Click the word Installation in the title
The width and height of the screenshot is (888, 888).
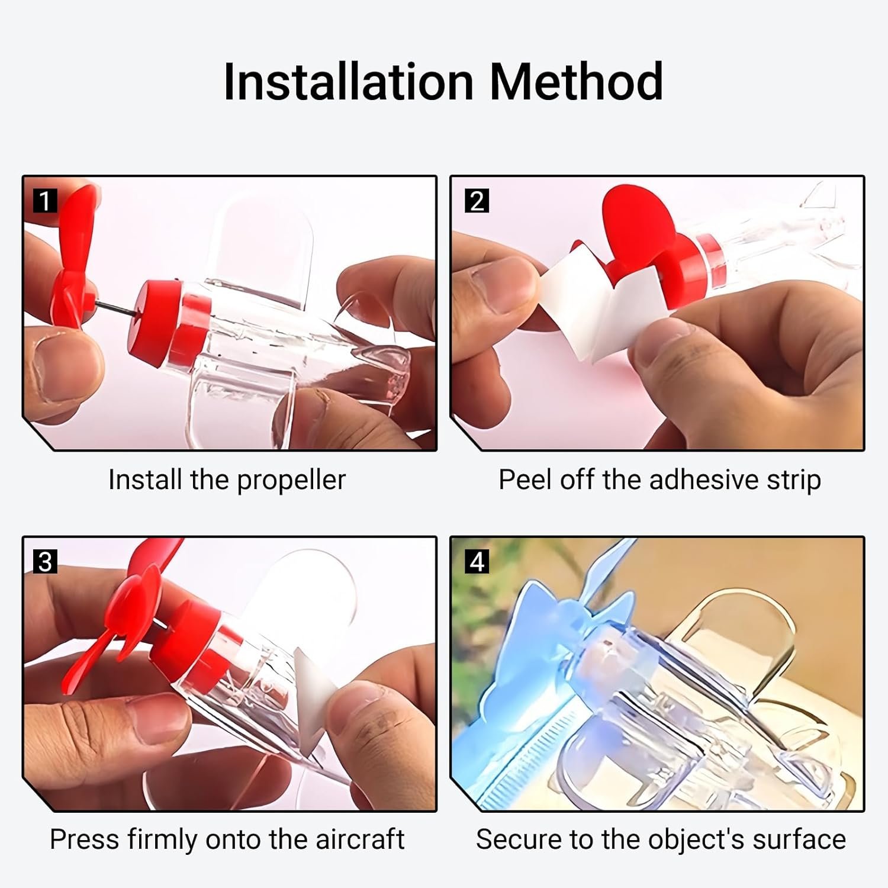pyautogui.click(x=348, y=82)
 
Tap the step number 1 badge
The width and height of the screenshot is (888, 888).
pyautogui.click(x=45, y=201)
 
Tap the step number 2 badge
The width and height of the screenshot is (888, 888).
pyautogui.click(x=477, y=201)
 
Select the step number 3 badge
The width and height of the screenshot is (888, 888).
pyautogui.click(x=45, y=561)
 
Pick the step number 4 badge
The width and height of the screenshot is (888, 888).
pyautogui.click(x=477, y=561)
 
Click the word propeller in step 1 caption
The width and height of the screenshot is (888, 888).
pyautogui.click(x=291, y=481)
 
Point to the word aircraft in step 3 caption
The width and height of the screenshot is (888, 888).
pyautogui.click(x=359, y=839)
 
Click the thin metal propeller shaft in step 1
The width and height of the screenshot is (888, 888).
pyautogui.click(x=112, y=308)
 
